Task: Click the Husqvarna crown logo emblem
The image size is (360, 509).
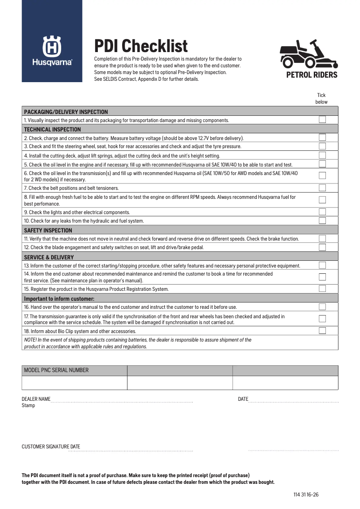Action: click(x=52, y=46)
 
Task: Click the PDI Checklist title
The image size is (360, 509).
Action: click(x=140, y=46)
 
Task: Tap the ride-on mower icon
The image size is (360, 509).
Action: click(x=312, y=54)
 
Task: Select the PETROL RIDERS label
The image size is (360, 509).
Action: click(x=312, y=75)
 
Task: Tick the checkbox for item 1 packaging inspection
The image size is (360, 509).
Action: click(x=322, y=120)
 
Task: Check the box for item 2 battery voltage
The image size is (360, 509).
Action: click(x=322, y=138)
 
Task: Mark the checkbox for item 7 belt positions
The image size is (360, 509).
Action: click(x=322, y=188)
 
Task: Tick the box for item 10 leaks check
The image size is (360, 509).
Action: click(x=322, y=221)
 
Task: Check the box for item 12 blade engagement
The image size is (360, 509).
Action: click(x=322, y=247)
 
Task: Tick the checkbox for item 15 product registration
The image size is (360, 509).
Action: click(x=322, y=289)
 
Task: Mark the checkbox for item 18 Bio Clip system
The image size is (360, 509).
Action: click(x=322, y=331)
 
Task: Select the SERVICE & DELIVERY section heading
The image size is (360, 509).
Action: click(x=49, y=257)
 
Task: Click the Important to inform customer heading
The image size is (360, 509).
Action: click(x=59, y=298)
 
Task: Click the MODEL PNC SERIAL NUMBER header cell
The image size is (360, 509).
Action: click(x=56, y=370)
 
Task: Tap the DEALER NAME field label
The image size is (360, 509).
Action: click(x=36, y=399)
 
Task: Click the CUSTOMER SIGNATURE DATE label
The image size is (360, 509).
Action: click(x=51, y=447)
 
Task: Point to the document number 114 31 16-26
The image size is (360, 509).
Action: click(x=306, y=495)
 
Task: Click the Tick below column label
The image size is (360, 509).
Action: click(x=321, y=98)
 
